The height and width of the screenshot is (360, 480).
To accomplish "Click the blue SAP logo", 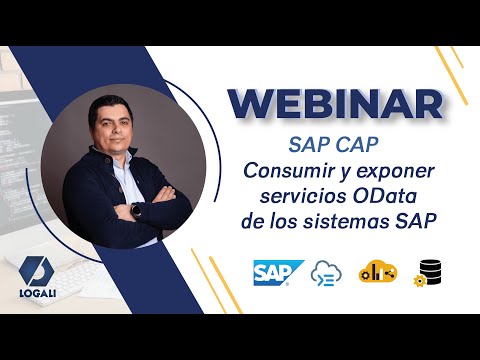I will click(x=278, y=273).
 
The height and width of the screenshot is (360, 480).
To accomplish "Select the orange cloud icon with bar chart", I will click(x=379, y=271).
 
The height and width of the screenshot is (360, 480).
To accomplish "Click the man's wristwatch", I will click(x=138, y=212).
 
